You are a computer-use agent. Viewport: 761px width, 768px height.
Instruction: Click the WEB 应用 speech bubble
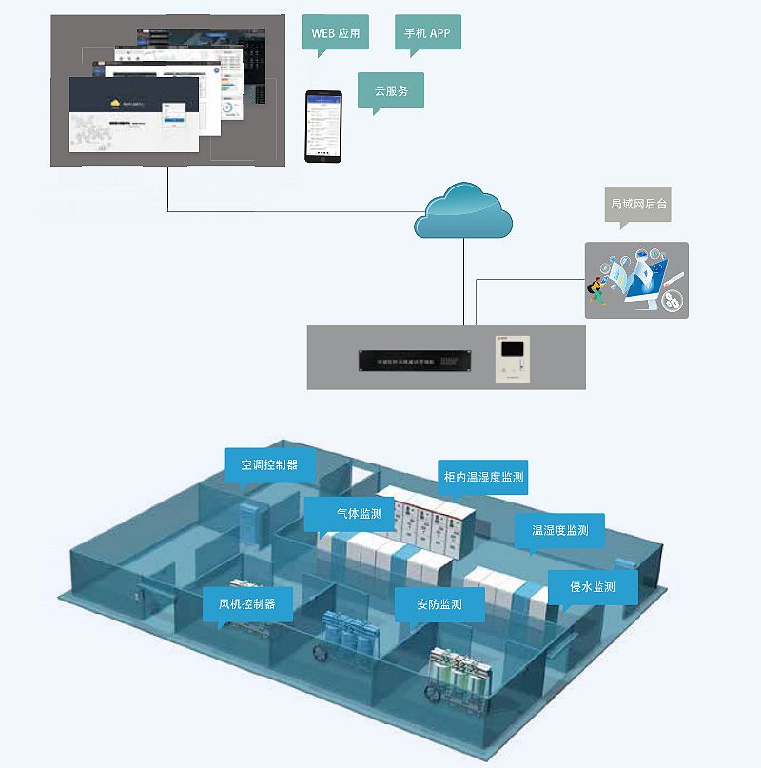[x=336, y=33]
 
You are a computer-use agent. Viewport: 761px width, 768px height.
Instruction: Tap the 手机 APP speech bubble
[x=427, y=33]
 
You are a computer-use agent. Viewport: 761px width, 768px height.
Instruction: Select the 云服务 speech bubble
[x=391, y=89]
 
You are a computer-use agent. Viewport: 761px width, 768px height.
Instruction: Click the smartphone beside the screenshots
[x=322, y=126]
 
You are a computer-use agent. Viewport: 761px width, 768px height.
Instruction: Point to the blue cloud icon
[x=463, y=210]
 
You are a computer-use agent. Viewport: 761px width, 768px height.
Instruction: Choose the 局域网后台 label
[x=638, y=204]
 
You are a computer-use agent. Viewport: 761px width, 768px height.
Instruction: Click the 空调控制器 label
[x=269, y=464]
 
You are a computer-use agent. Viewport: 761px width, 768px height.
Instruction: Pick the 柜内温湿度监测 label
[x=484, y=476]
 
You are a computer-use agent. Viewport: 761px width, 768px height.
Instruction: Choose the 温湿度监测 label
[x=559, y=529]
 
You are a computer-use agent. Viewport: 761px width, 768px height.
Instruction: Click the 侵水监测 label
[x=592, y=586]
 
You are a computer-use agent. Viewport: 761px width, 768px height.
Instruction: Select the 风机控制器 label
[x=246, y=603]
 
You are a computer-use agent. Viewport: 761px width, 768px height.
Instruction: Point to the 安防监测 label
[x=439, y=604]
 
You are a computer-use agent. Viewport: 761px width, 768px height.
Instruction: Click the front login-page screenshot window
[x=134, y=115]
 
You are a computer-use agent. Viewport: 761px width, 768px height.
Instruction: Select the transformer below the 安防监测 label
[x=461, y=677]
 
